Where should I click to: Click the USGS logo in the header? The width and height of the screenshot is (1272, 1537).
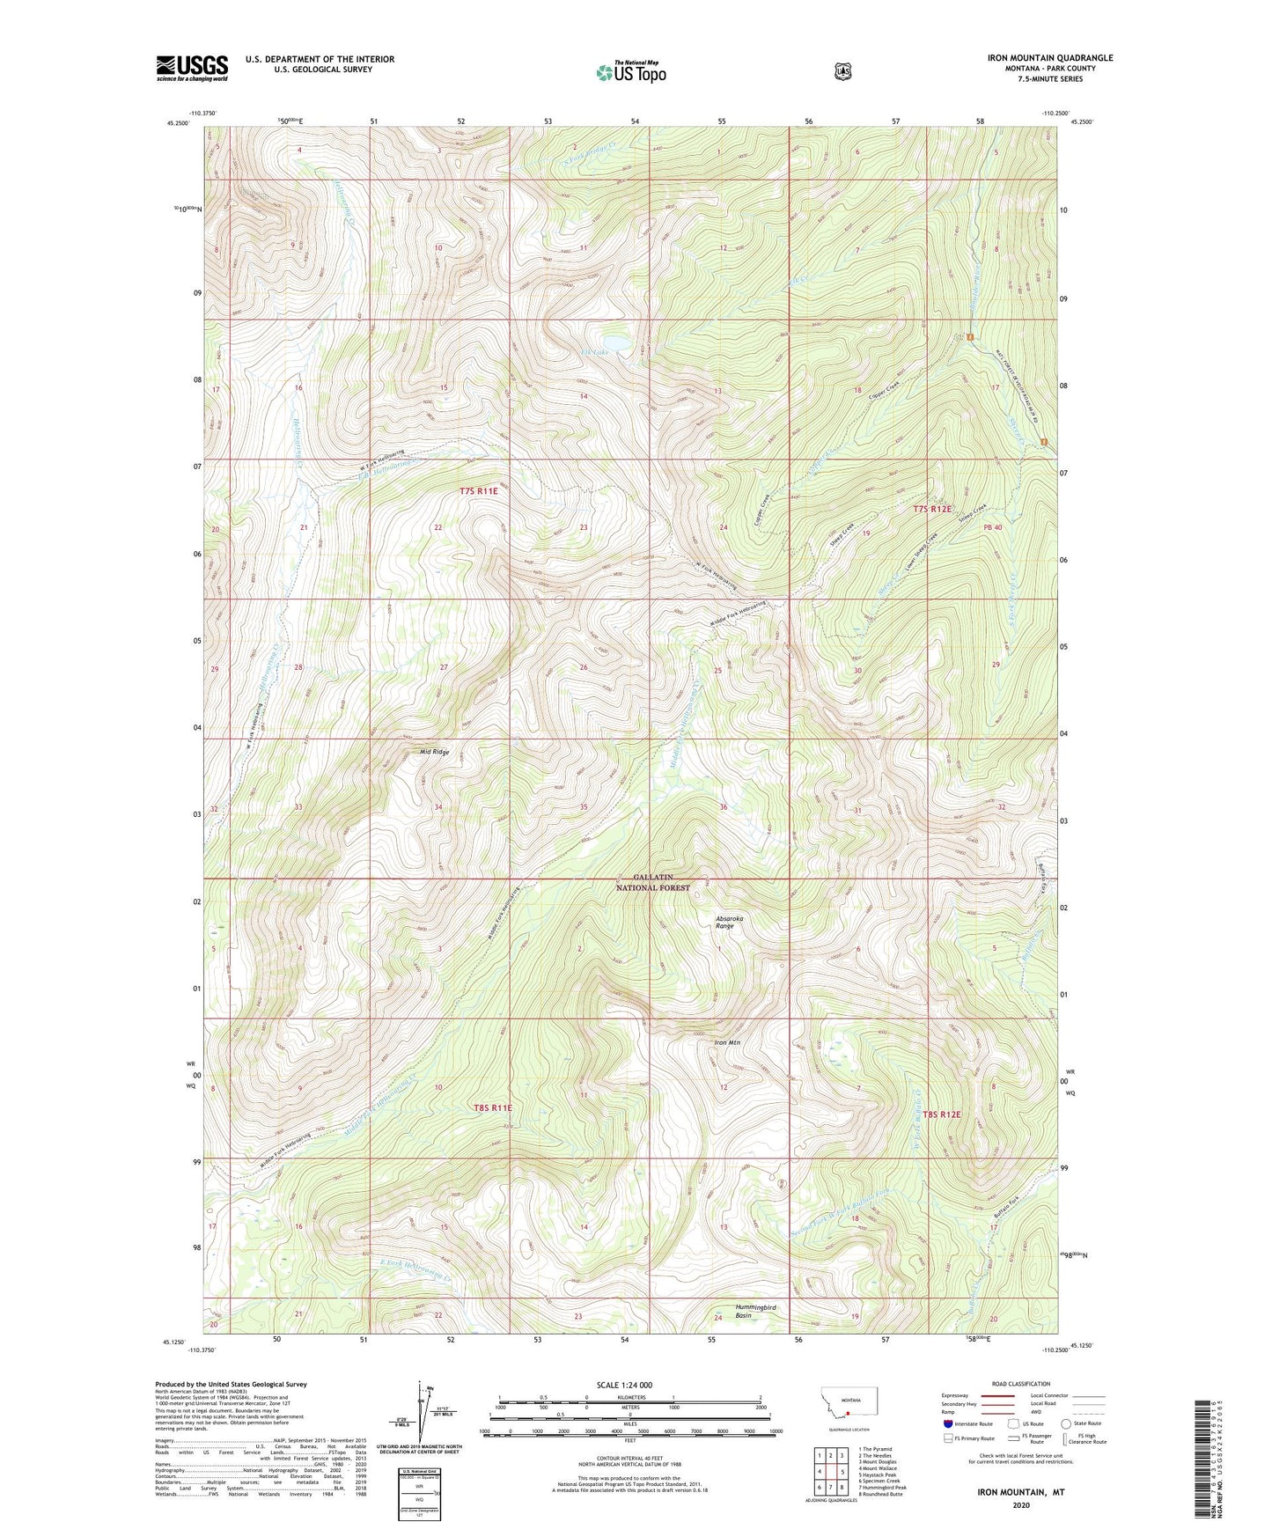pos(192,68)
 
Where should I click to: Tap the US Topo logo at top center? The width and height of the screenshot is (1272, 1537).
pos(629,72)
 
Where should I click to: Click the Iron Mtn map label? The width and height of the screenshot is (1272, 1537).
pos(727,1043)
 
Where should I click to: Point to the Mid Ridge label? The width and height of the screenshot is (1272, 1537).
pos(434,752)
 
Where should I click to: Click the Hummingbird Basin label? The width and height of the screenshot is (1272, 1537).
pos(756,1312)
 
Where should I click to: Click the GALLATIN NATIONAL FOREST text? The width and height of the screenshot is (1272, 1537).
pos(653,883)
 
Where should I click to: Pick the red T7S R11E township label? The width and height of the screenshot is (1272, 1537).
pos(479,491)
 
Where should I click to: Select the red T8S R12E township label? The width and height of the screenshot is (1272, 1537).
pos(937,1114)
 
